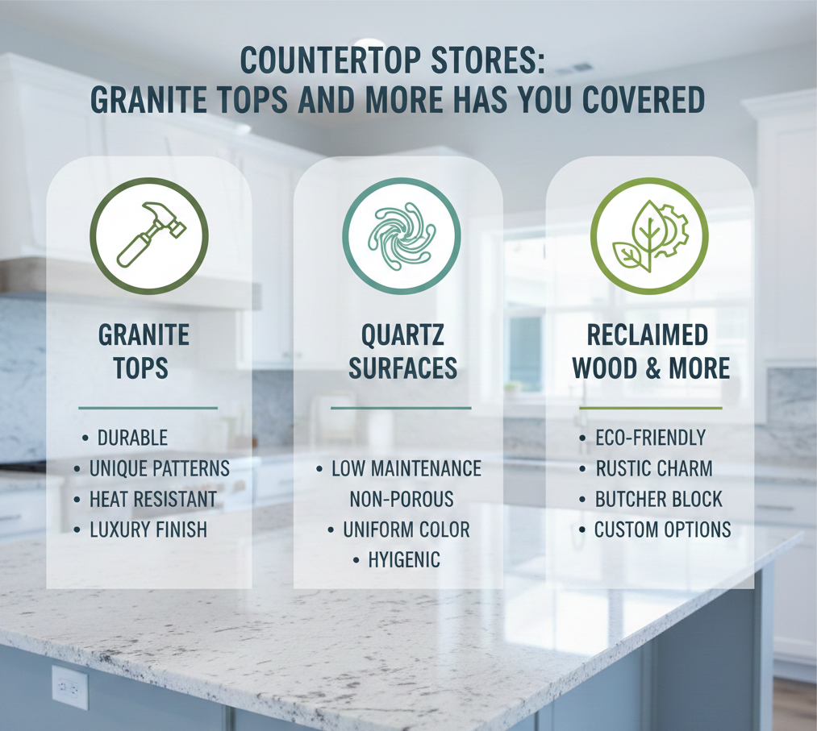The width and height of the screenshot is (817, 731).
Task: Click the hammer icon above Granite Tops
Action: click(x=149, y=235)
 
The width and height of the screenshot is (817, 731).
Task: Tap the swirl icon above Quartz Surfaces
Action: click(x=401, y=235)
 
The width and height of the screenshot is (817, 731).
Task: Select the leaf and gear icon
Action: click(x=649, y=235)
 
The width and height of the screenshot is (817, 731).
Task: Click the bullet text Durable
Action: click(x=132, y=438)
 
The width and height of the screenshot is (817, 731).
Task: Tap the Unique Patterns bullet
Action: click(x=159, y=468)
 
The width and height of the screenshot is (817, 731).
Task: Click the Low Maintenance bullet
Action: click(x=406, y=468)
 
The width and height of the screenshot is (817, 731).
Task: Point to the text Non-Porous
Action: click(x=402, y=499)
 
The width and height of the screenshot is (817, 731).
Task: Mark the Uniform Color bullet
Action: click(x=406, y=530)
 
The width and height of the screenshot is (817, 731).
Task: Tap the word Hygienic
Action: click(x=404, y=560)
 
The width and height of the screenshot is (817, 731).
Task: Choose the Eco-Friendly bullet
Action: click(x=650, y=438)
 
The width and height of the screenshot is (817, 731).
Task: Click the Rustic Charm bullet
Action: click(x=654, y=468)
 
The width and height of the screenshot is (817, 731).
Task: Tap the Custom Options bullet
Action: click(x=662, y=530)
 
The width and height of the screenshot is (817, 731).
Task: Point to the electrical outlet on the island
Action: click(x=69, y=687)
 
